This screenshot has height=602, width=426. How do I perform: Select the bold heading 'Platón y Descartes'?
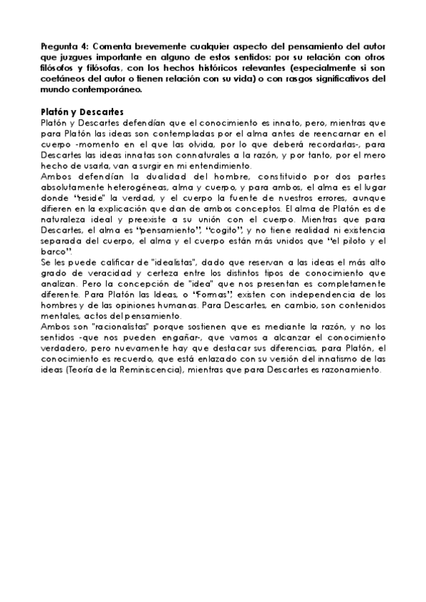pyautogui.click(x=82, y=112)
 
